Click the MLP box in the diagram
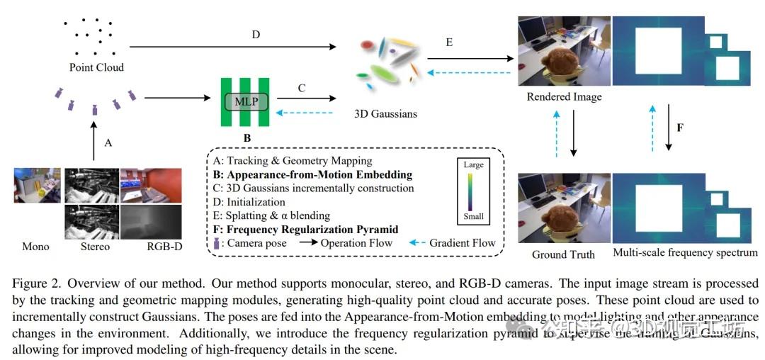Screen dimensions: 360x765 tap(245, 102)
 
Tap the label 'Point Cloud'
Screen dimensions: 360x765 tap(96, 67)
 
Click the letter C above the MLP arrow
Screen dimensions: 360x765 tap(301, 89)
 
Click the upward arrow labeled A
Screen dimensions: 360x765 tap(94, 142)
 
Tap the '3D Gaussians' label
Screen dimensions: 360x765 tap(385, 113)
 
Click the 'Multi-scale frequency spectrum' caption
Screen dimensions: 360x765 tap(685, 252)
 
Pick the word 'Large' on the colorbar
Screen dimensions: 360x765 tap(473, 165)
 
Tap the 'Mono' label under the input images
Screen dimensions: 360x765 tap(35, 247)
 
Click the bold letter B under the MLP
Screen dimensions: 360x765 tap(246, 137)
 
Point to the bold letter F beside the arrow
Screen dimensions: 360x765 tap(680, 128)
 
